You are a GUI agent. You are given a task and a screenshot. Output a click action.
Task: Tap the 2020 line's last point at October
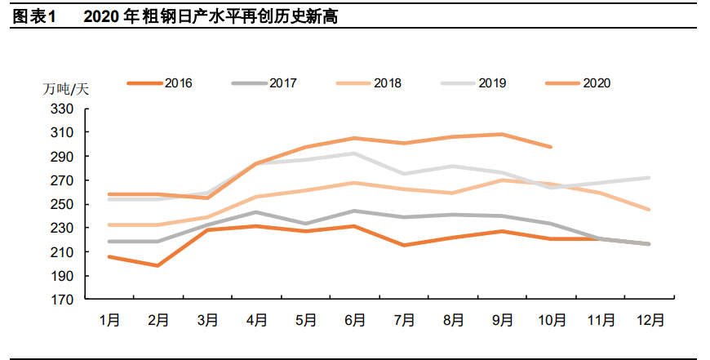[552, 147]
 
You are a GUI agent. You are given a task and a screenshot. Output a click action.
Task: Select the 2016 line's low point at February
[157, 265]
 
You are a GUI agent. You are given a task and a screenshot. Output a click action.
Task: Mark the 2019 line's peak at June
[354, 153]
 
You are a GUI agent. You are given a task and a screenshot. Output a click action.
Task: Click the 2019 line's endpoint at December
[650, 177]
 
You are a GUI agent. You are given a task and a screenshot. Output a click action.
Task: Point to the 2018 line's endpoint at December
[650, 210]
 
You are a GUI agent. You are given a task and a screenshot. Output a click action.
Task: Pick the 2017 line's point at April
[255, 212]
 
